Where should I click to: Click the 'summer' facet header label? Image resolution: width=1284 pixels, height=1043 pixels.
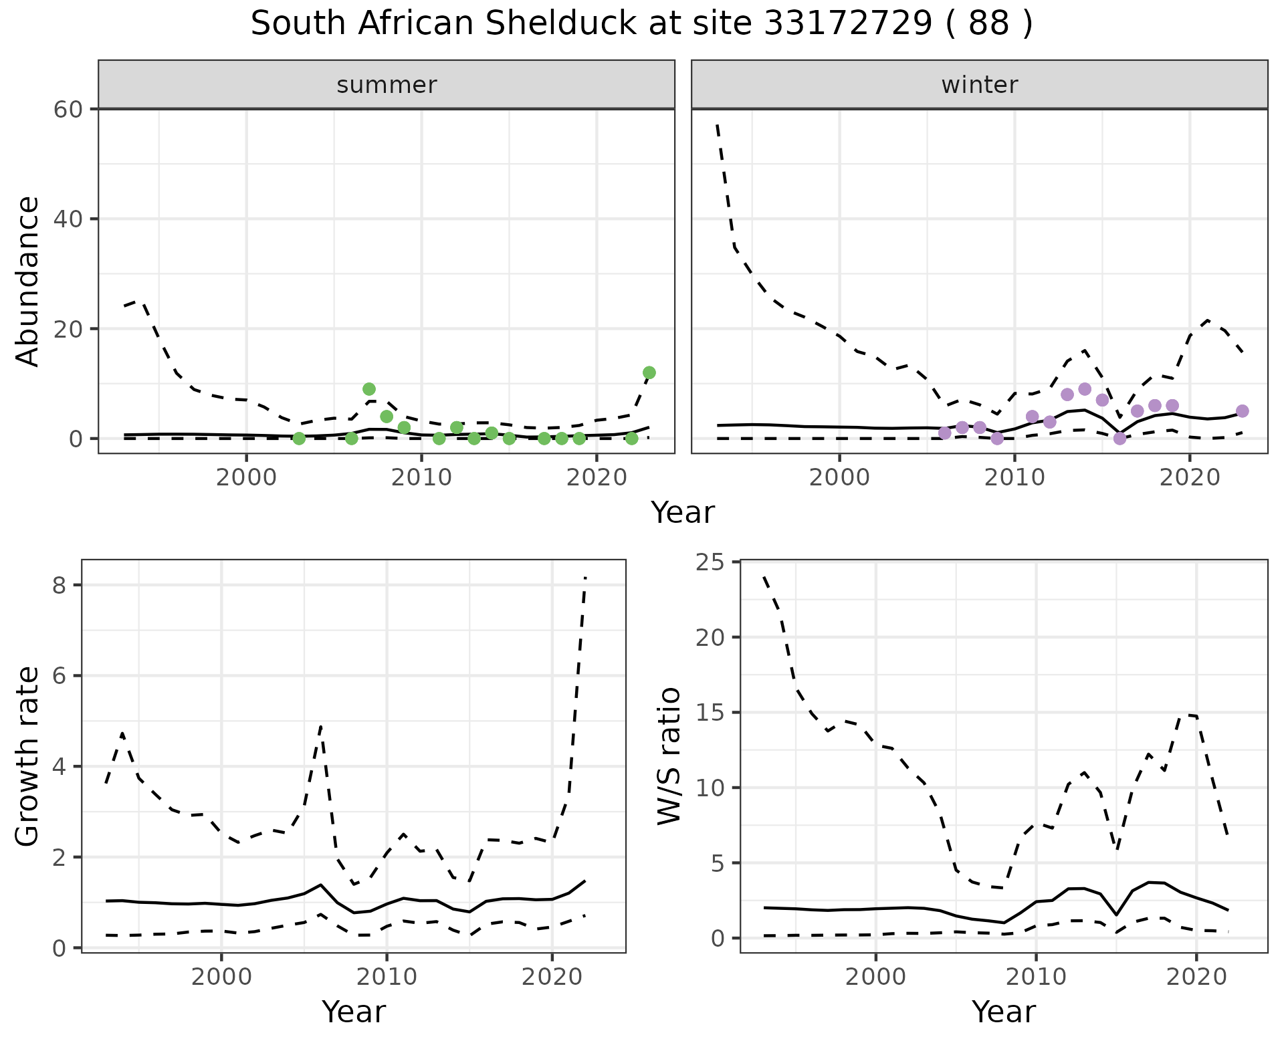pos(387,85)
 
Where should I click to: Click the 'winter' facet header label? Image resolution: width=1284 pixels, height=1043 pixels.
pos(979,85)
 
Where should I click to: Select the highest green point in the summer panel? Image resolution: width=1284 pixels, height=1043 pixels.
pos(649,372)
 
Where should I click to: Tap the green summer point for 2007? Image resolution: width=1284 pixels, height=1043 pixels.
pos(368,389)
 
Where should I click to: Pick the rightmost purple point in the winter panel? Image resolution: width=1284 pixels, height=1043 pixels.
pos(1242,411)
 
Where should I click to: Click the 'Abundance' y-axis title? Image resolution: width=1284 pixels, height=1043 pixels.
pos(28,281)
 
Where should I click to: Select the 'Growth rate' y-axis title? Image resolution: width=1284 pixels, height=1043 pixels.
pos(28,756)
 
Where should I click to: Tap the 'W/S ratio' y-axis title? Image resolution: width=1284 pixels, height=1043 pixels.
pos(669,756)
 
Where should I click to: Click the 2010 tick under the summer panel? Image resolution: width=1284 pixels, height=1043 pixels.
pos(421,479)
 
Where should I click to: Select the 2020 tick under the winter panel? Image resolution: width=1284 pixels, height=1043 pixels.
pos(1189,479)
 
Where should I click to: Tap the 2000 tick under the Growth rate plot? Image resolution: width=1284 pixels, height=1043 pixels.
pos(221,977)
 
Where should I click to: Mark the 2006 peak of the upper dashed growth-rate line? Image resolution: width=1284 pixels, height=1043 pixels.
pos(321,725)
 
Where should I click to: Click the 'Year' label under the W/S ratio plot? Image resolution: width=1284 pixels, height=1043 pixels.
pos(1003,1012)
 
